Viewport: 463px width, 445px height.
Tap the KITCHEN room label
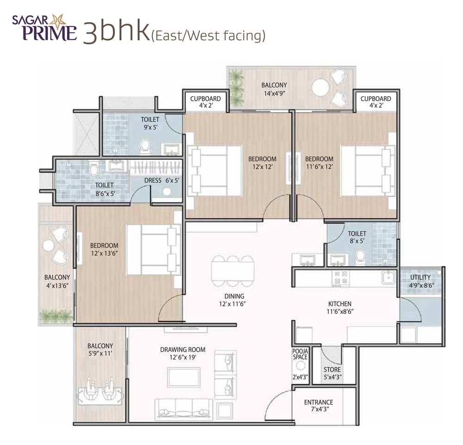pyautogui.click(x=340, y=304)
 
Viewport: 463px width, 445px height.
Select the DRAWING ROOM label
pyautogui.click(x=182, y=350)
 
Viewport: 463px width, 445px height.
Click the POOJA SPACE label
pyautogui.click(x=300, y=354)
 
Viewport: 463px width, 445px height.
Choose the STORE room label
pyautogui.click(x=332, y=370)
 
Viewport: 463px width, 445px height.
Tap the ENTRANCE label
pyautogui.click(x=319, y=402)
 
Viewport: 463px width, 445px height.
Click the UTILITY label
pyautogui.click(x=420, y=277)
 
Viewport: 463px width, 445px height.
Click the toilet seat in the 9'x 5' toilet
pyautogui.click(x=145, y=146)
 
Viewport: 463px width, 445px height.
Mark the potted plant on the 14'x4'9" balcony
pyautogui.click(x=237, y=87)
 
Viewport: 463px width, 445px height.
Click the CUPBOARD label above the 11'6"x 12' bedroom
pyautogui.click(x=375, y=98)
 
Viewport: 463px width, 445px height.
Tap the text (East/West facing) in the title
pyautogui.click(x=208, y=36)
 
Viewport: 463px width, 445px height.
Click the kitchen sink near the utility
pyautogui.click(x=387, y=277)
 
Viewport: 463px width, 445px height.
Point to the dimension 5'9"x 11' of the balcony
pyautogui.click(x=100, y=354)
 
